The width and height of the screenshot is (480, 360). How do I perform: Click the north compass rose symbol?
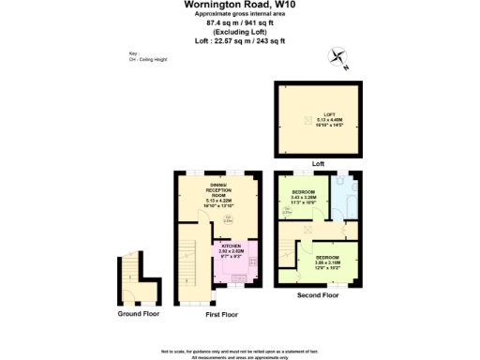pos(338,59)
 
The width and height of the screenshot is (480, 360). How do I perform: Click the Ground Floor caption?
pos(137,314)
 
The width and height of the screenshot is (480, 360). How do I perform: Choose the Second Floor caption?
pos(317,295)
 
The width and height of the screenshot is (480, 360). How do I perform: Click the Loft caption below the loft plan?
pos(317,163)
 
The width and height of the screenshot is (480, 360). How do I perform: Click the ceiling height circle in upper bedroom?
pos(286,212)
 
